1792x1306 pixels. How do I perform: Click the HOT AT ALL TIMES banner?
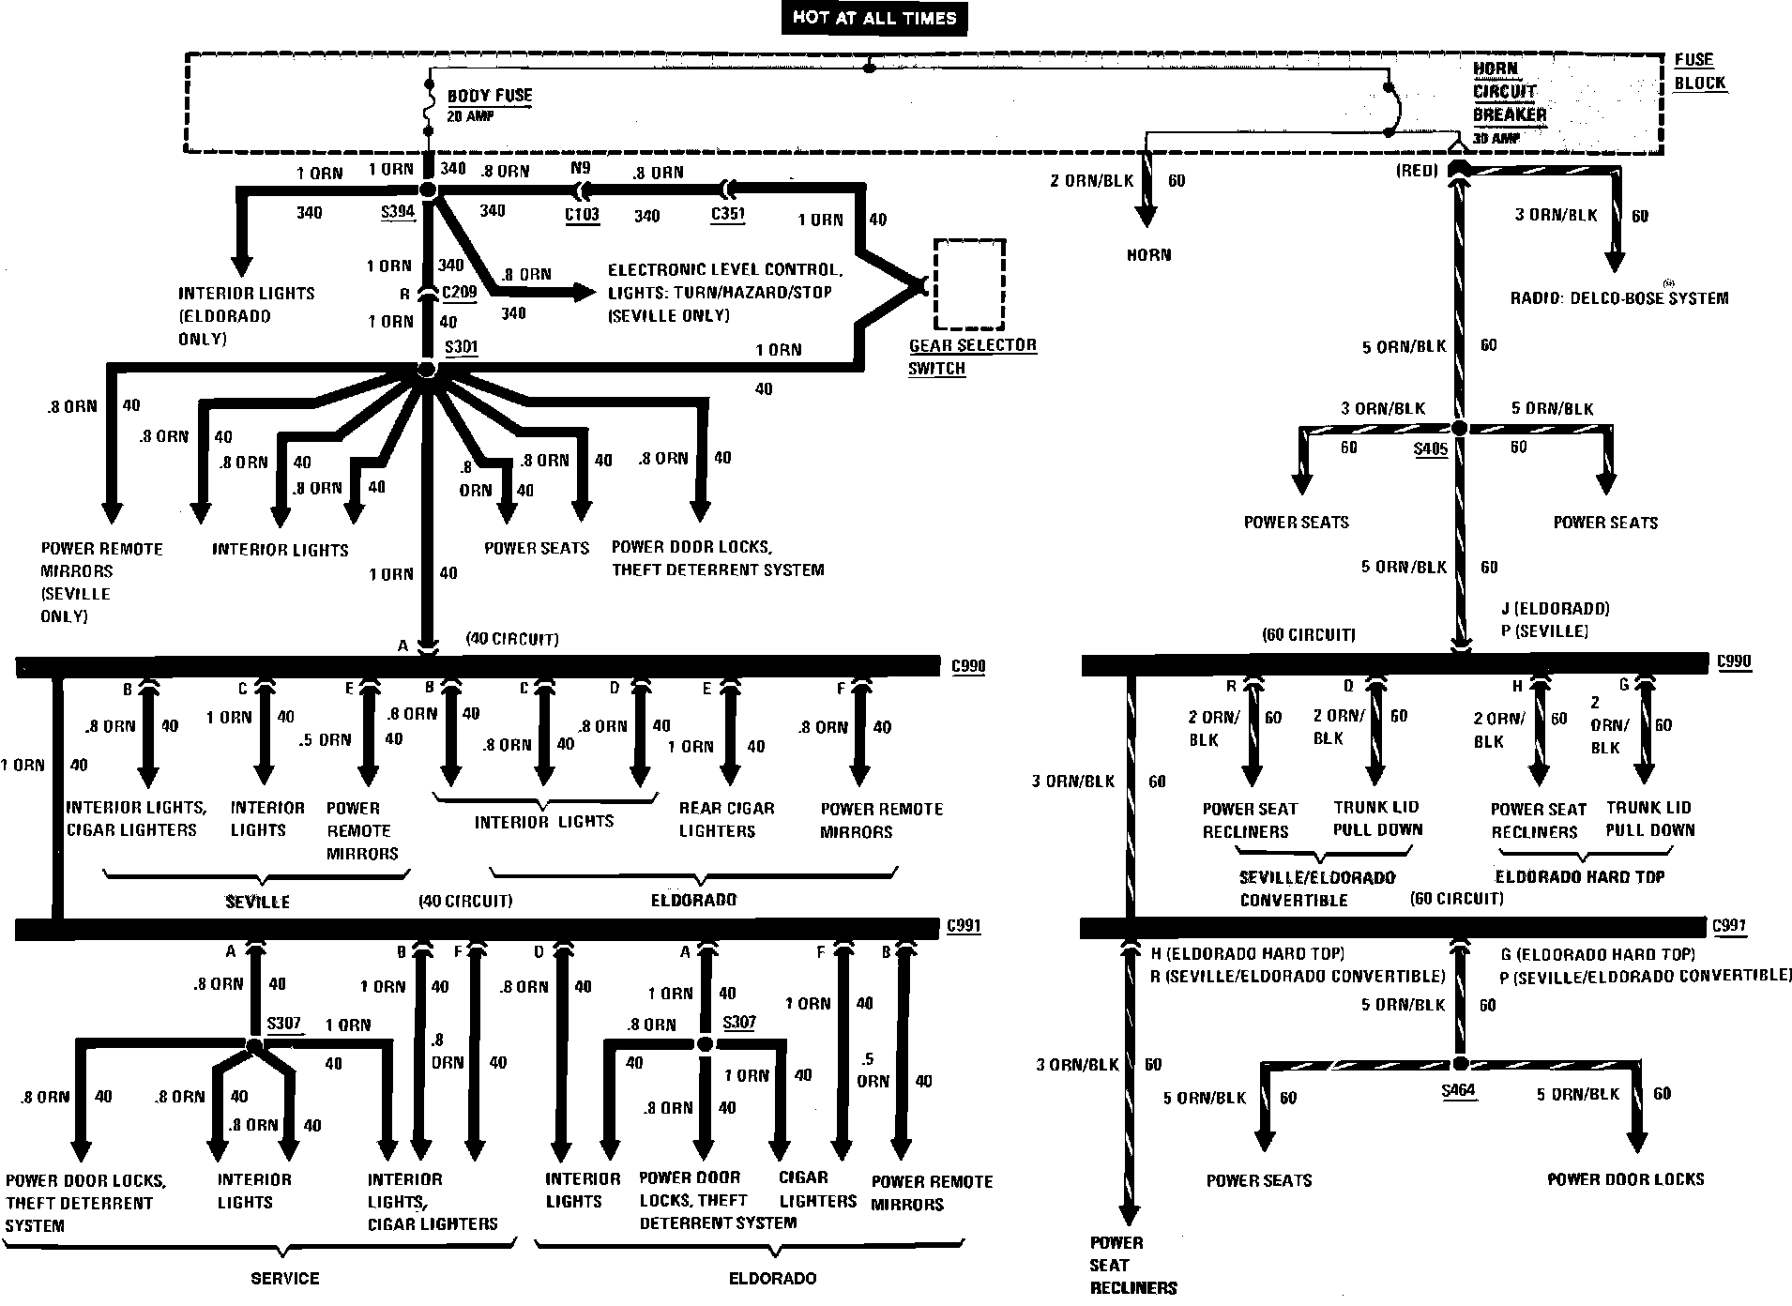[x=873, y=18]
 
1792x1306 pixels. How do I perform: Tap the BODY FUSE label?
[x=489, y=96]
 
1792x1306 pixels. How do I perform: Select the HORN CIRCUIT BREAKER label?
[x=1509, y=92]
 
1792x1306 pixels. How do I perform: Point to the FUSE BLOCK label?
[x=1699, y=71]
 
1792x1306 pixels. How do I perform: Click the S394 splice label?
[x=398, y=211]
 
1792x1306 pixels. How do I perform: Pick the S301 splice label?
[x=461, y=347]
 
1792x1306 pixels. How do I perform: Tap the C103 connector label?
[x=582, y=214]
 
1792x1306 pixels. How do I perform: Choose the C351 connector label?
[x=727, y=213]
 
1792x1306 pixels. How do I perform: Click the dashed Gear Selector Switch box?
[x=969, y=284]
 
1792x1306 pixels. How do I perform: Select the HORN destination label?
[x=1148, y=255]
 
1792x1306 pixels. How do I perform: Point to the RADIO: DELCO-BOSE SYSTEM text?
[x=1618, y=298]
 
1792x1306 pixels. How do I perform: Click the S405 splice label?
[x=1431, y=449]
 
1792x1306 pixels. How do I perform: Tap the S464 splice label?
[x=1459, y=1091]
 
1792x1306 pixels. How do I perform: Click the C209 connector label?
[x=459, y=292]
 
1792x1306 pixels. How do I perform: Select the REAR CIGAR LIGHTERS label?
[x=726, y=819]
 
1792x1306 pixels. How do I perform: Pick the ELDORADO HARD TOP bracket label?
[x=1579, y=876]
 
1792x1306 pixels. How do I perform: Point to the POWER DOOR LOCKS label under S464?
[x=1625, y=1179]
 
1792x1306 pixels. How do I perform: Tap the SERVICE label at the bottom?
[x=285, y=1278]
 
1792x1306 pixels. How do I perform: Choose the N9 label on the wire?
[x=581, y=170]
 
